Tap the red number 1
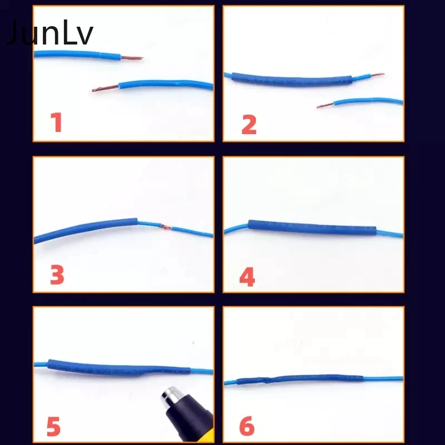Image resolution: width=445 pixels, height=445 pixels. pos(57,123)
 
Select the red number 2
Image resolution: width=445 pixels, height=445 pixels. pos(249,124)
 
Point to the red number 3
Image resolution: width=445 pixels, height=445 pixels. pos(57,275)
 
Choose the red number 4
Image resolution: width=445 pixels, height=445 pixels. pos(247,276)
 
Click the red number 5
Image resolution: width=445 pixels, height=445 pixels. pos(53,427)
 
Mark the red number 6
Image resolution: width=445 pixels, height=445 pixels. pos(247,427)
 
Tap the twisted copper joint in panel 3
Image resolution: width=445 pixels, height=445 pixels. pos(165,226)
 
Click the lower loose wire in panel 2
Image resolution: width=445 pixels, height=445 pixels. pos(367,101)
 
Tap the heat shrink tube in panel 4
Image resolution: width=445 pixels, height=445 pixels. pos(311,228)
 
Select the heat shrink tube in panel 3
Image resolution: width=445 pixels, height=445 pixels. pos(86,229)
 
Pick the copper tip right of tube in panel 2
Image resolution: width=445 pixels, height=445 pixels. pos(374,75)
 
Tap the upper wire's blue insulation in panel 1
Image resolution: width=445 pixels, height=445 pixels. pos(78,55)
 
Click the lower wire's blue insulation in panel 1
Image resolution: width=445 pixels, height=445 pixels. pos(167,85)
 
